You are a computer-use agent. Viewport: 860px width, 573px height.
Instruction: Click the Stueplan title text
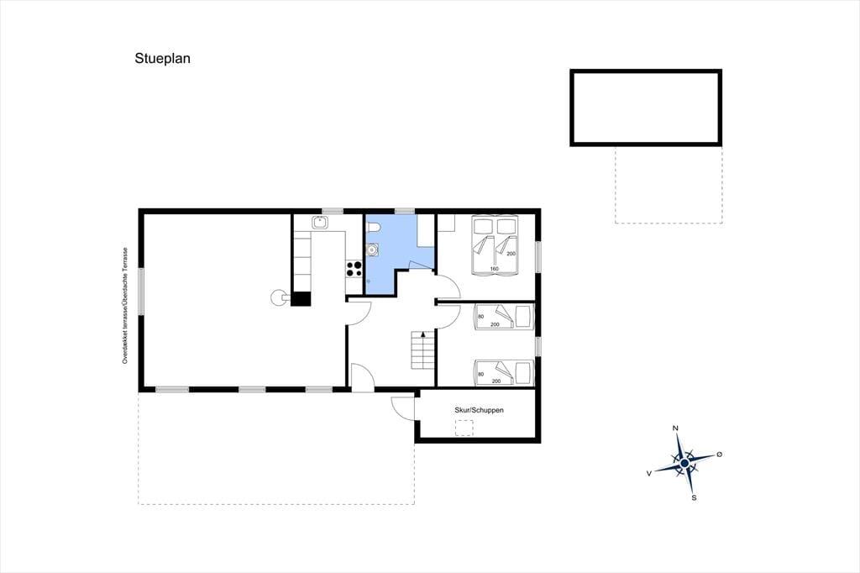click(x=162, y=59)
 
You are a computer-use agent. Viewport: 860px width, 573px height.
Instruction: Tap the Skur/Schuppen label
click(x=479, y=410)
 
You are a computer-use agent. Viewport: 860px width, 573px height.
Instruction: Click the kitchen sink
click(x=320, y=223)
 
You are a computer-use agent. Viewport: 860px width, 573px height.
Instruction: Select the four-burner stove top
click(x=354, y=269)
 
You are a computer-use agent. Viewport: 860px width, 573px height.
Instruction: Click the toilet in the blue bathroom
click(x=374, y=227)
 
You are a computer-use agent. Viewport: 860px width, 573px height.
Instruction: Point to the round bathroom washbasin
click(x=372, y=250)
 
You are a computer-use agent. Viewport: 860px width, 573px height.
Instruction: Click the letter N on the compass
click(x=676, y=428)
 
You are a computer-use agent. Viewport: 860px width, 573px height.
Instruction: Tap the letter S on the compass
click(x=694, y=498)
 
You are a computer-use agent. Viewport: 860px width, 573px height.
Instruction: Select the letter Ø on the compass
click(x=720, y=455)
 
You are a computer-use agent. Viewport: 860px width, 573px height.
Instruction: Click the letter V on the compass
click(x=649, y=473)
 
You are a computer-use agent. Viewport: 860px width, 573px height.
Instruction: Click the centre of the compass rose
click(x=684, y=464)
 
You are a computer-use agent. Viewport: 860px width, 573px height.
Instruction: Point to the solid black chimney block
click(x=301, y=298)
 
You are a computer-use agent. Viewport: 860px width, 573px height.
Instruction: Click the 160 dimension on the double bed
click(x=494, y=269)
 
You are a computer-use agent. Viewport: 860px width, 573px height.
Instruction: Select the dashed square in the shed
click(x=464, y=428)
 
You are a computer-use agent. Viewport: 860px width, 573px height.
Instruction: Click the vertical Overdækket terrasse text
click(x=125, y=306)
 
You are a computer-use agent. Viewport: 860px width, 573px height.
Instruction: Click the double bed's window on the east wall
click(x=538, y=255)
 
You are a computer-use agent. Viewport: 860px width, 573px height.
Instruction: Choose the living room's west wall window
click(x=141, y=292)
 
